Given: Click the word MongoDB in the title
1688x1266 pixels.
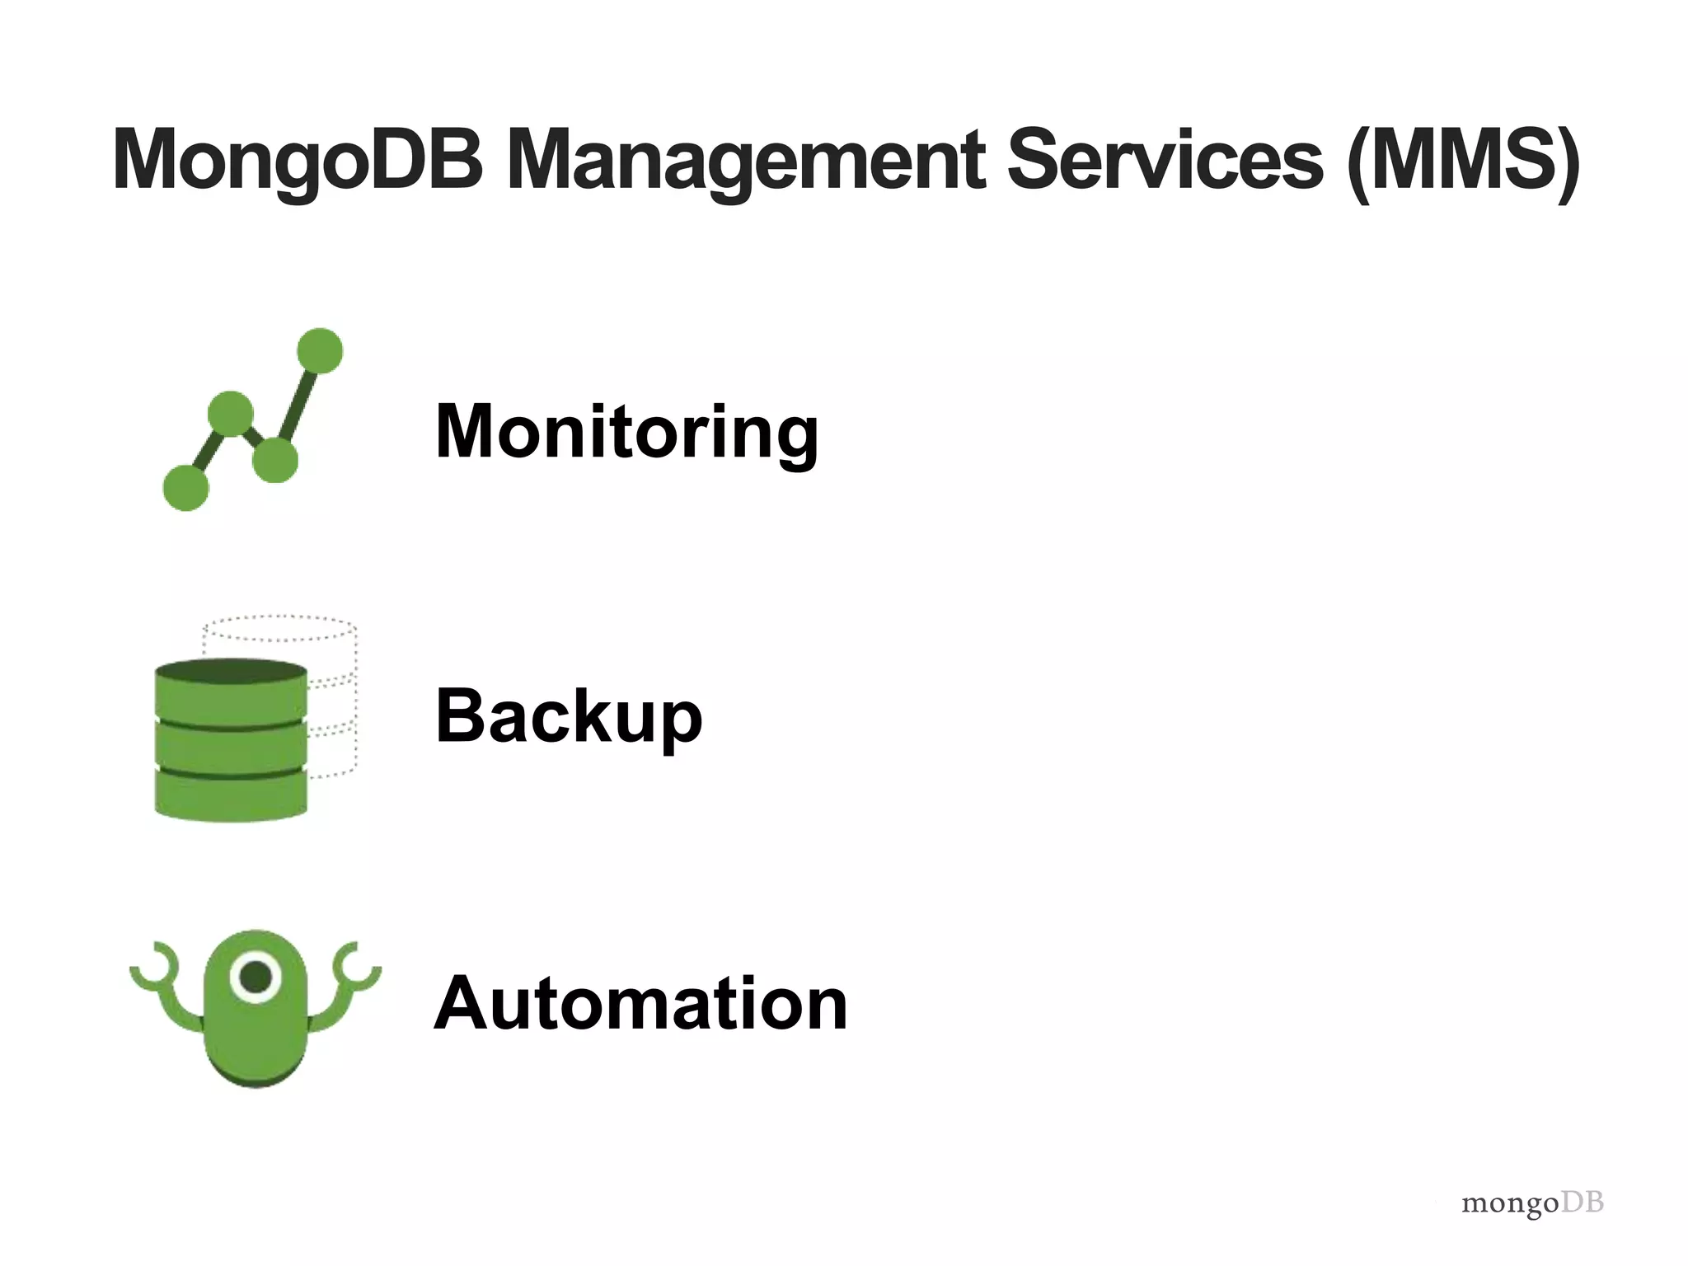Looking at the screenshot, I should (x=298, y=162).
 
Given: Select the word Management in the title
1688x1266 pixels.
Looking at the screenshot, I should (x=746, y=162).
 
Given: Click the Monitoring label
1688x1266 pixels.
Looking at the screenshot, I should (x=626, y=432).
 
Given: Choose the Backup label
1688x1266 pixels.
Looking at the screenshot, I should (x=569, y=715).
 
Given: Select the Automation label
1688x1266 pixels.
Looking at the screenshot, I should (x=640, y=1003).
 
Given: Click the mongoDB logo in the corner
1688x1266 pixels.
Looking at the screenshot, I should (x=1532, y=1203).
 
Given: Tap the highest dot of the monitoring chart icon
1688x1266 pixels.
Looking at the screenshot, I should (x=320, y=350).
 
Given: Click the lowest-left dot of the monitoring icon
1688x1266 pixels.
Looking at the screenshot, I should (x=186, y=487).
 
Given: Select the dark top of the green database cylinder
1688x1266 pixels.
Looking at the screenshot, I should (x=231, y=672).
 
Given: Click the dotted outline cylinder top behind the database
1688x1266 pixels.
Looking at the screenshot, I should (x=280, y=628).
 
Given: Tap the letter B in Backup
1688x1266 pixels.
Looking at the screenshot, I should (x=461, y=715).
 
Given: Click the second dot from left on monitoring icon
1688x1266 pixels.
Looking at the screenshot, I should (x=231, y=413).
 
